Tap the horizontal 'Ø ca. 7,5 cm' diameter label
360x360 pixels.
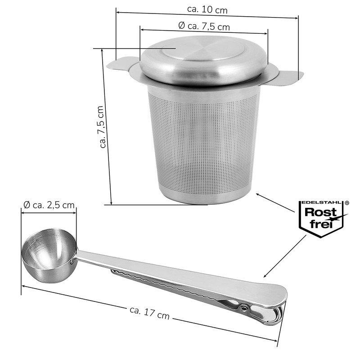(x=204, y=27)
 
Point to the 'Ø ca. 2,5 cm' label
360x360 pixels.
(x=49, y=206)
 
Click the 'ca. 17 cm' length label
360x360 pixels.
(x=149, y=313)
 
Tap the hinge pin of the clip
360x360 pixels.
(x=244, y=308)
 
